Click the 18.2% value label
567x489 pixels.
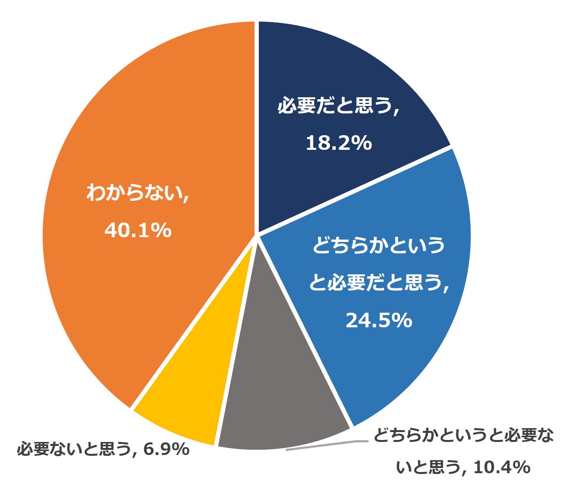pos(339,143)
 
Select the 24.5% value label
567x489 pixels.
pos(379,320)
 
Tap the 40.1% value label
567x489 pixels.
pos(138,230)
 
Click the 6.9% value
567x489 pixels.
pos(166,449)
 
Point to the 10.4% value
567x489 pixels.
pos(501,468)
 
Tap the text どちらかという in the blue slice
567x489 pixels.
pos(379,245)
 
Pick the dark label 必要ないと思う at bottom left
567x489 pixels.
pos(73,449)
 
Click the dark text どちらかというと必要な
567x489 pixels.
pos(463,436)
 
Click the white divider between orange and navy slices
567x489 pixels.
pos(256,119)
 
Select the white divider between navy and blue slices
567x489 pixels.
pos(356,190)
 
